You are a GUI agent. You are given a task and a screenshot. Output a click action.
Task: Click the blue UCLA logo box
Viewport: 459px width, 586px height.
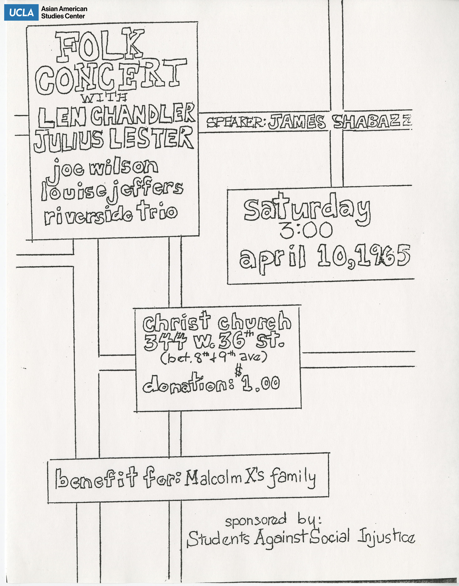tap(21, 12)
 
